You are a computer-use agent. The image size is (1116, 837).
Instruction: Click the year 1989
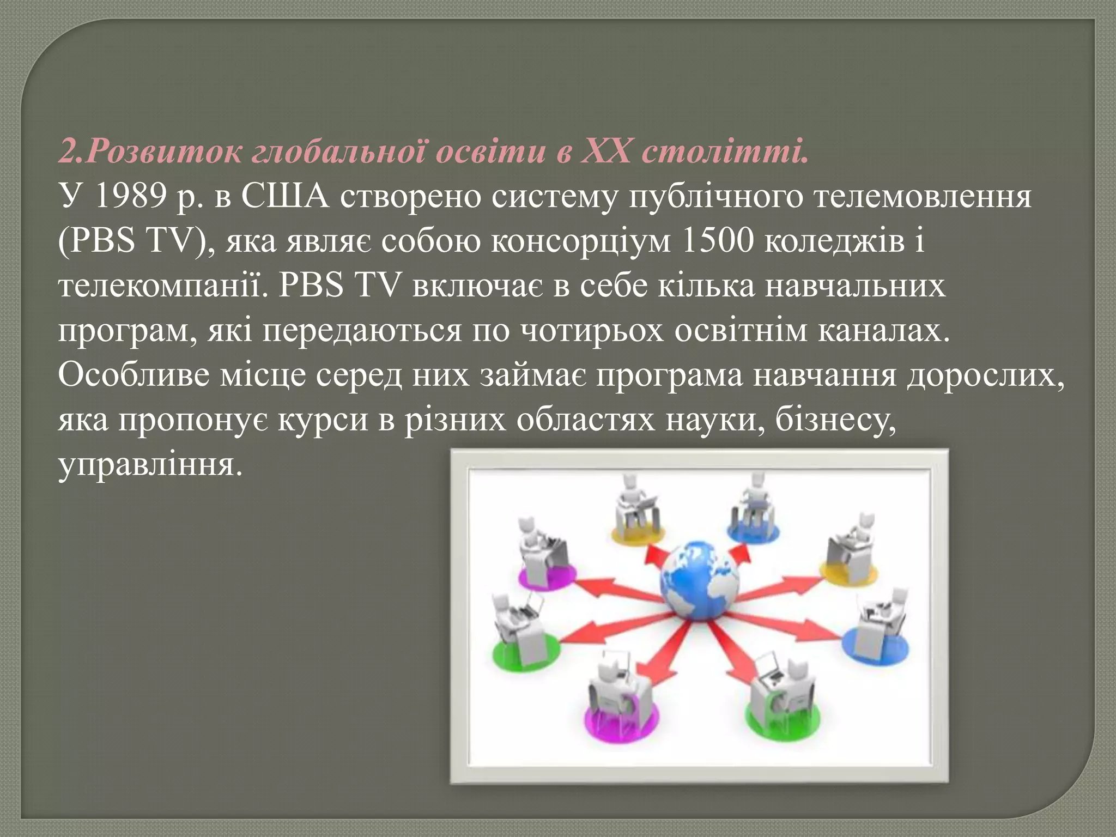tap(130, 197)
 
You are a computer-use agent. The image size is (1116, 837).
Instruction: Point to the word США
tap(285, 197)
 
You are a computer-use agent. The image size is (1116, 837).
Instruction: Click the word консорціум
tap(580, 241)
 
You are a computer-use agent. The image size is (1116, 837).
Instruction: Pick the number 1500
tap(717, 241)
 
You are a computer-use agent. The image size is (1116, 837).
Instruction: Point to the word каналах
tap(883, 331)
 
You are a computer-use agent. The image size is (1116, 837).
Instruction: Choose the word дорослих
tap(985, 375)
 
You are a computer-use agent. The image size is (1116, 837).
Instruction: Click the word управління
tap(150, 466)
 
